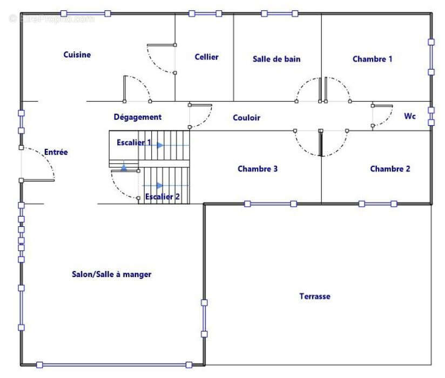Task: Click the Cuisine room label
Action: (77, 55)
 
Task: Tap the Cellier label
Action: (207, 57)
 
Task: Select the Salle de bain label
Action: (277, 59)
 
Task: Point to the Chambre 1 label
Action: (372, 59)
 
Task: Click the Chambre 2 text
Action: (390, 169)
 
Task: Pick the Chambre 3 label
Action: (258, 169)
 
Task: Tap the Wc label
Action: (410, 116)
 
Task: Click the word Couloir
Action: (246, 118)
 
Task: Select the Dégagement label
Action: (138, 117)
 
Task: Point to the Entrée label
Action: (56, 152)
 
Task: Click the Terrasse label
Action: (315, 296)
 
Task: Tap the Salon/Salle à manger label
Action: (112, 274)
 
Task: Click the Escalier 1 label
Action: (134, 142)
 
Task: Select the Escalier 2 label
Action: (163, 197)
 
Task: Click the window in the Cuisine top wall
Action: (86, 13)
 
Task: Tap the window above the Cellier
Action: (205, 13)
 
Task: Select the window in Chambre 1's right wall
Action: (431, 57)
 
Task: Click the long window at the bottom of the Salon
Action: (114, 365)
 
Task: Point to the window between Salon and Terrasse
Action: (204, 319)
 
